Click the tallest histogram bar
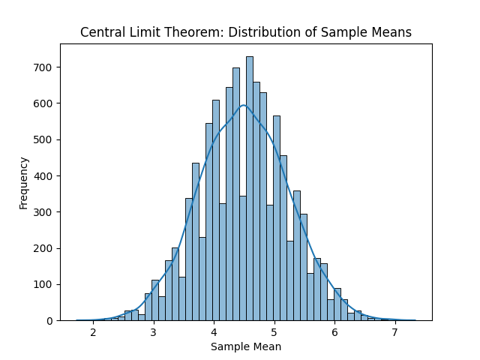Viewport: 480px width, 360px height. tap(249, 187)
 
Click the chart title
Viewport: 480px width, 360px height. tap(246, 32)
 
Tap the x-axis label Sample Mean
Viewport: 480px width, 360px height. tap(246, 346)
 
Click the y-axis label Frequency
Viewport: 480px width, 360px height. tap(24, 182)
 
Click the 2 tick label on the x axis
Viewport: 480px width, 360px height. tap(93, 332)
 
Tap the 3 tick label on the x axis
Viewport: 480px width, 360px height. tap(154, 332)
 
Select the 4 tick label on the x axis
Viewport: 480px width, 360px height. tap(214, 332)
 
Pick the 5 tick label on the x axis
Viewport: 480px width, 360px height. tap(274, 332)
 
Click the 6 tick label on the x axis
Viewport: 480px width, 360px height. tap(334, 332)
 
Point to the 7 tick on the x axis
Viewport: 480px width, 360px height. tap(395, 332)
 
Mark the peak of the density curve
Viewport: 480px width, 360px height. tap(243, 105)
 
